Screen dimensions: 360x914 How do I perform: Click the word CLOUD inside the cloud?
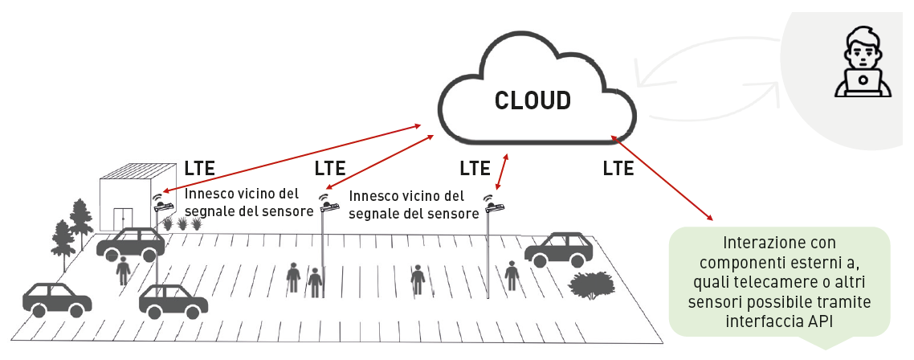tap(532, 100)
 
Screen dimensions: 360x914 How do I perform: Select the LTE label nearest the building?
tap(200, 169)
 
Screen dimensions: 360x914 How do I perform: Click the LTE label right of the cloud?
tap(618, 169)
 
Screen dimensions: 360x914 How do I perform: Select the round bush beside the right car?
tap(593, 285)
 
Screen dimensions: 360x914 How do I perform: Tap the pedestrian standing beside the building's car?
tap(123, 270)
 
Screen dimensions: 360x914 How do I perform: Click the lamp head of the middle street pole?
tap(328, 207)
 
